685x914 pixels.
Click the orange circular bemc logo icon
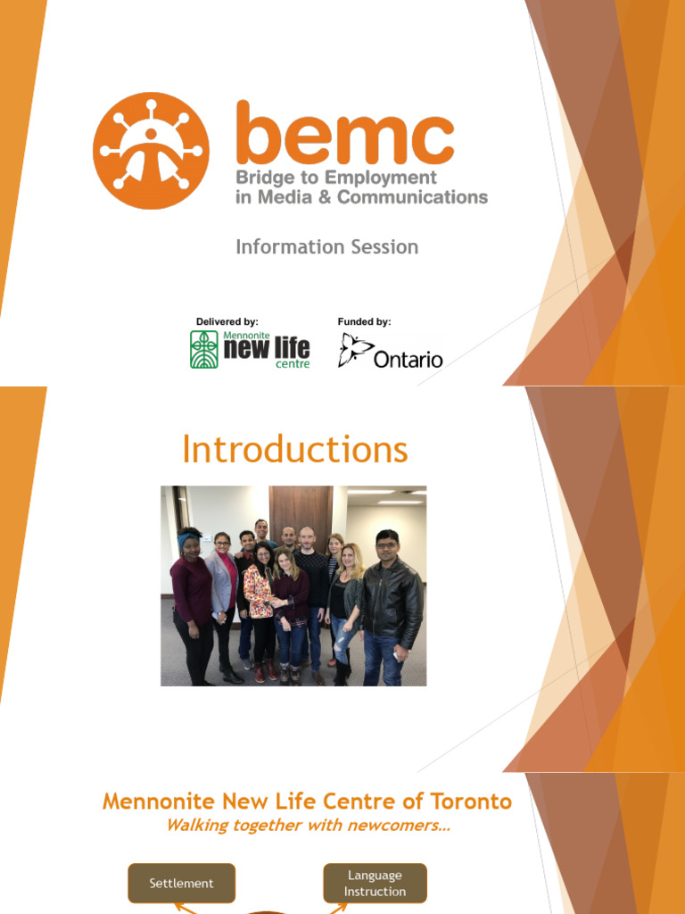151,151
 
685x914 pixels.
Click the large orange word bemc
344,133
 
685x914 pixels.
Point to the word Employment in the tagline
381,179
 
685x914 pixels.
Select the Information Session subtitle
326,247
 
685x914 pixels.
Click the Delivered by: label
227,321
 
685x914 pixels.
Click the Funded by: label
364,321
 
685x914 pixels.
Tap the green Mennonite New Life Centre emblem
203,349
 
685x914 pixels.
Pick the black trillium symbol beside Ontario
354,350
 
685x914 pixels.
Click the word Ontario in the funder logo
408,360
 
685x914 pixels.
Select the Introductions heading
294,449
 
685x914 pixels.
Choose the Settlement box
182,883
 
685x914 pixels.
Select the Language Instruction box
375,883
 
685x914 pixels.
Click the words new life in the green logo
266,348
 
